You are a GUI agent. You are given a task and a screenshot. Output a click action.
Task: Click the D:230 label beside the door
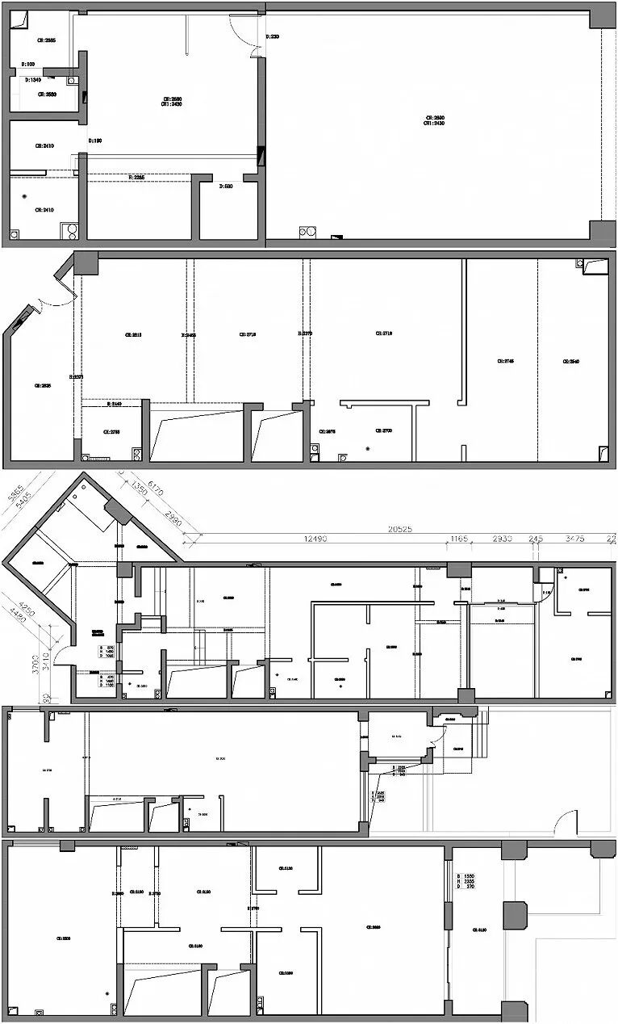[x=274, y=36]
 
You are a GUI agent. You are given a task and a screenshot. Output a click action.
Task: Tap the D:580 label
[x=227, y=186]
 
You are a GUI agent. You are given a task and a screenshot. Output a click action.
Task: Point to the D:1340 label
[x=33, y=80]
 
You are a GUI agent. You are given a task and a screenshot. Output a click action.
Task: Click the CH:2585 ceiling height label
[x=46, y=40]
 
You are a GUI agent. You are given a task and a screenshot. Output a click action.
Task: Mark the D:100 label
[x=27, y=64]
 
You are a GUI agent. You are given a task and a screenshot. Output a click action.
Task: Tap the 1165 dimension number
[x=459, y=538]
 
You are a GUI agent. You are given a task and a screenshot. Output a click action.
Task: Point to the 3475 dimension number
[x=574, y=538]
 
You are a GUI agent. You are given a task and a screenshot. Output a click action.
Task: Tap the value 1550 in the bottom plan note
[x=469, y=876]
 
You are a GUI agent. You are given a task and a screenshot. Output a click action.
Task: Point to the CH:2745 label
[x=506, y=361]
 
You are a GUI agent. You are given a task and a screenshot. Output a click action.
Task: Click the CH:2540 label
[x=571, y=361]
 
